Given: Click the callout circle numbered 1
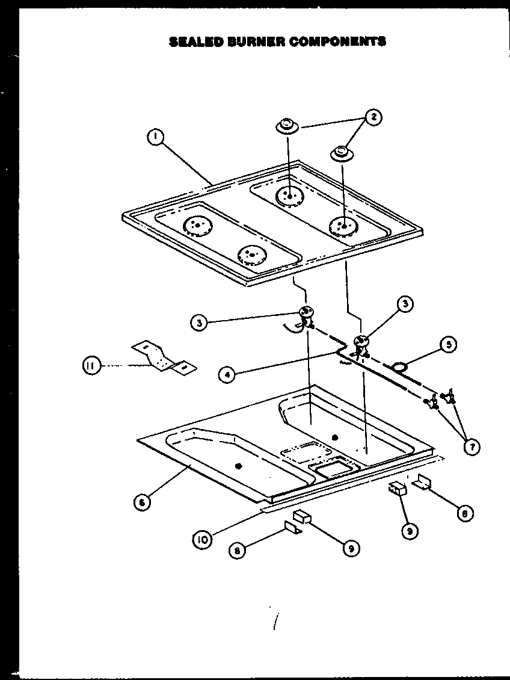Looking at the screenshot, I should pyautogui.click(x=155, y=138).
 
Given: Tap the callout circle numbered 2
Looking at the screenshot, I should pyautogui.click(x=373, y=117).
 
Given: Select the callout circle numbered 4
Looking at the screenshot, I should pyautogui.click(x=227, y=374).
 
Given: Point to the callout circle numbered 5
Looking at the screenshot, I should pyautogui.click(x=448, y=345).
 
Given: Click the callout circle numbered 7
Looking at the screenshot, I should pyautogui.click(x=472, y=446).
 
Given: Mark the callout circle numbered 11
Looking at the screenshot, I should pyautogui.click(x=91, y=365).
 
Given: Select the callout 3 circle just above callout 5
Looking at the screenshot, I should pyautogui.click(x=405, y=304).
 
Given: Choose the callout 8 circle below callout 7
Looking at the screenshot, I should pyautogui.click(x=464, y=513).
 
